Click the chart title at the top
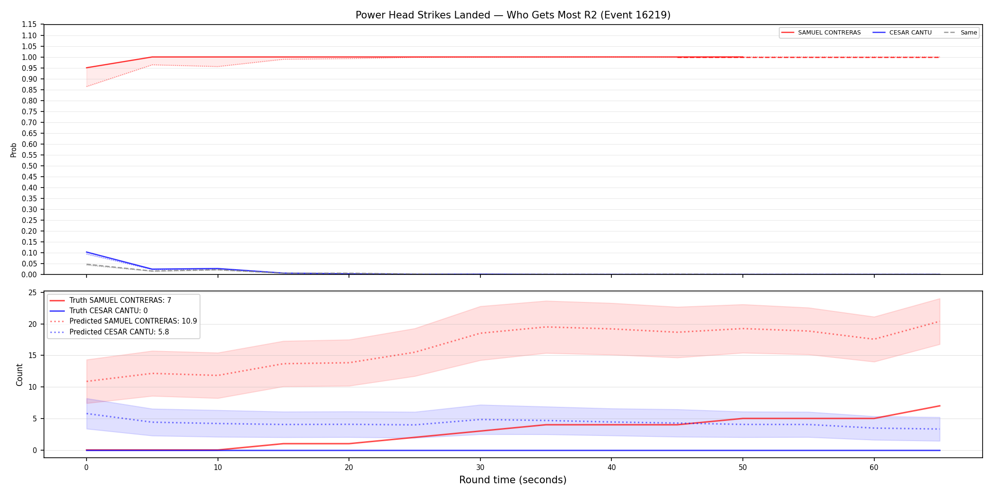pyautogui.click(x=513, y=15)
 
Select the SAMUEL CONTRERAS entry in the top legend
pyautogui.click(x=821, y=33)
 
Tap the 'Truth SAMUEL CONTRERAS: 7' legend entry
pyautogui.click(x=111, y=300)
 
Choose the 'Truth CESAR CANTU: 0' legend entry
pyautogui.click(x=99, y=311)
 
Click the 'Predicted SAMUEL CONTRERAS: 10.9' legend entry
pyautogui.click(x=123, y=321)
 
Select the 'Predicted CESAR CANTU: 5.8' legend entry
pyautogui.click(x=109, y=332)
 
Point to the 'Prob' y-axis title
pyautogui.click(x=14, y=150)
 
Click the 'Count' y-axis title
pyautogui.click(x=19, y=375)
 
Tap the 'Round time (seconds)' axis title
pyautogui.click(x=513, y=480)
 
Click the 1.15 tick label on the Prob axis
pyautogui.click(x=29, y=25)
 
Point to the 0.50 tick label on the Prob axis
pyautogui.click(x=29, y=166)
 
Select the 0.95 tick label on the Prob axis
pyautogui.click(x=29, y=68)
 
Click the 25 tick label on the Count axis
pyautogui.click(x=33, y=293)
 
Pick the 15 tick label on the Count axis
pyautogui.click(x=33, y=356)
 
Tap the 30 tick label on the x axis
pyautogui.click(x=480, y=468)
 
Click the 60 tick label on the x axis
pyautogui.click(x=874, y=468)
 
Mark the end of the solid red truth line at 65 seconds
pyautogui.click(x=940, y=406)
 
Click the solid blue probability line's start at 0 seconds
pyautogui.click(x=86, y=252)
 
